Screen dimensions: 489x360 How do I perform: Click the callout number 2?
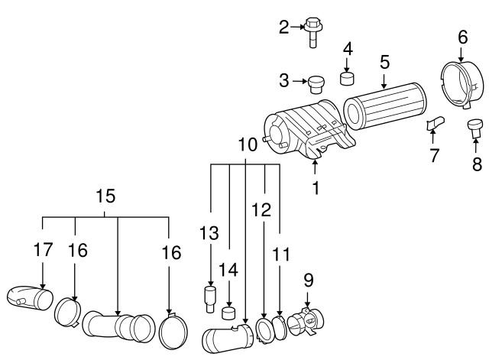point(283,28)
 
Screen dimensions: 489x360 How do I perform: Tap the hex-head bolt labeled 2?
point(313,32)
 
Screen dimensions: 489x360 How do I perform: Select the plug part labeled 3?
point(316,84)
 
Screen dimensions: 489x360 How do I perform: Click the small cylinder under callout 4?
point(347,78)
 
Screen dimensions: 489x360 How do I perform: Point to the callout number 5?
point(384,62)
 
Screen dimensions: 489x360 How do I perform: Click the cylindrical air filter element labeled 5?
point(384,106)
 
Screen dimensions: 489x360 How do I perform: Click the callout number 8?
point(477,164)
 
